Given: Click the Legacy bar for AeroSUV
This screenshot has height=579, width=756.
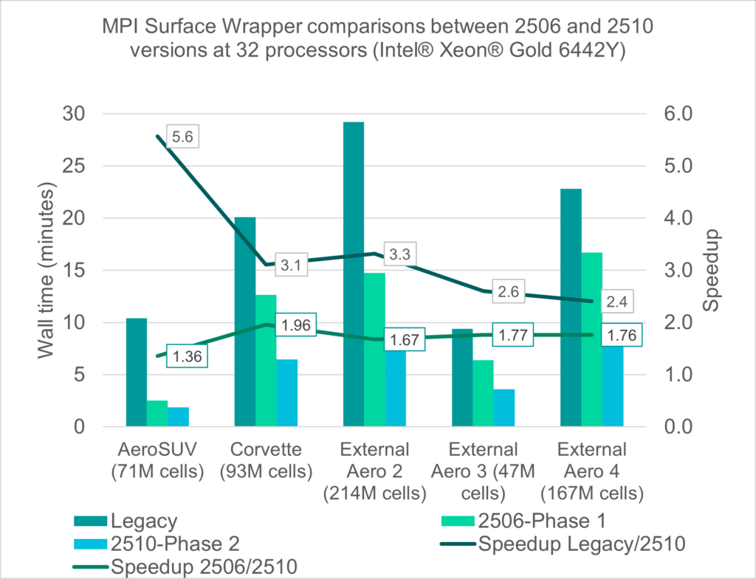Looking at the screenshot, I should [x=137, y=372].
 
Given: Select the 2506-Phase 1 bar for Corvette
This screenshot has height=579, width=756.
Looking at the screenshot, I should [x=266, y=361].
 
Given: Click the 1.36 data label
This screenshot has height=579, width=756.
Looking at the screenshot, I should [x=186, y=356].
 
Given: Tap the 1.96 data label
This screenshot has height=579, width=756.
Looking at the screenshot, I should [x=295, y=325].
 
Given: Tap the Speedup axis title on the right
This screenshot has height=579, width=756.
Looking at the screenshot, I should [x=710, y=271].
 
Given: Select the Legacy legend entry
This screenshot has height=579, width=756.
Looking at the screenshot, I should [x=145, y=521].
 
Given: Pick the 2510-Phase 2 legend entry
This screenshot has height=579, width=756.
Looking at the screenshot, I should [x=175, y=544].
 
